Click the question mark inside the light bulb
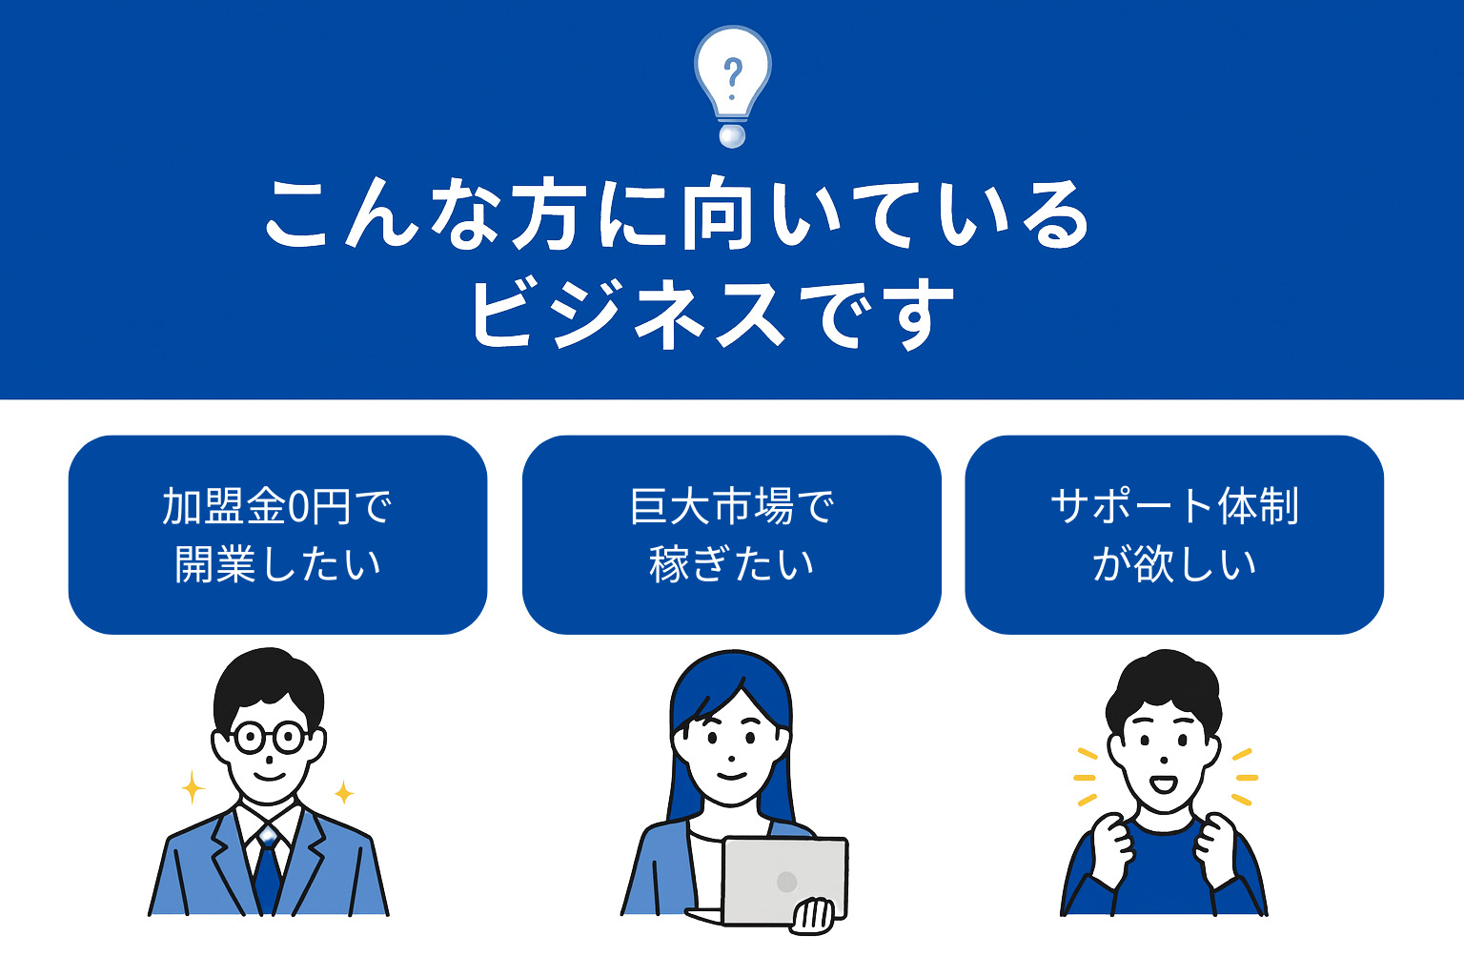pyautogui.click(x=733, y=78)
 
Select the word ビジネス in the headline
pyautogui.click(x=628, y=313)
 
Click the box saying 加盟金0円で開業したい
pyautogui.click(x=277, y=535)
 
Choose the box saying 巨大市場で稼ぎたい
pyautogui.click(x=732, y=535)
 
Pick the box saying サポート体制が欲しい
pyautogui.click(x=1174, y=535)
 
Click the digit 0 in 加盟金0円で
pyautogui.click(x=297, y=507)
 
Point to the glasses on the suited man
pyautogui.click(x=270, y=738)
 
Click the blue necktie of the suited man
pyautogui.click(x=268, y=869)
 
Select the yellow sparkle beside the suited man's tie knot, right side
pyautogui.click(x=344, y=792)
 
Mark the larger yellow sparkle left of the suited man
pyautogui.click(x=193, y=787)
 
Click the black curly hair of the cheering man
pyautogui.click(x=1165, y=686)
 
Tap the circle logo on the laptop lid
pyautogui.click(x=786, y=882)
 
